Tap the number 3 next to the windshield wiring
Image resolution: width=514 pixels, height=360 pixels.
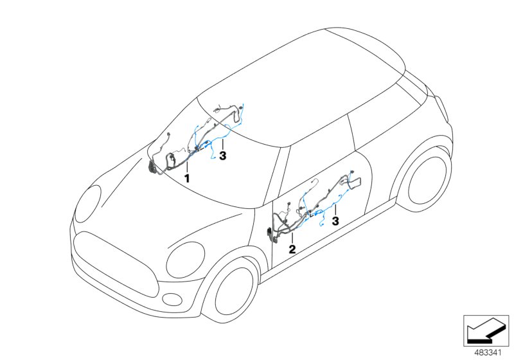tap(222, 156)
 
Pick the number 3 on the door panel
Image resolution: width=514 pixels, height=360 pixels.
tap(335, 221)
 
